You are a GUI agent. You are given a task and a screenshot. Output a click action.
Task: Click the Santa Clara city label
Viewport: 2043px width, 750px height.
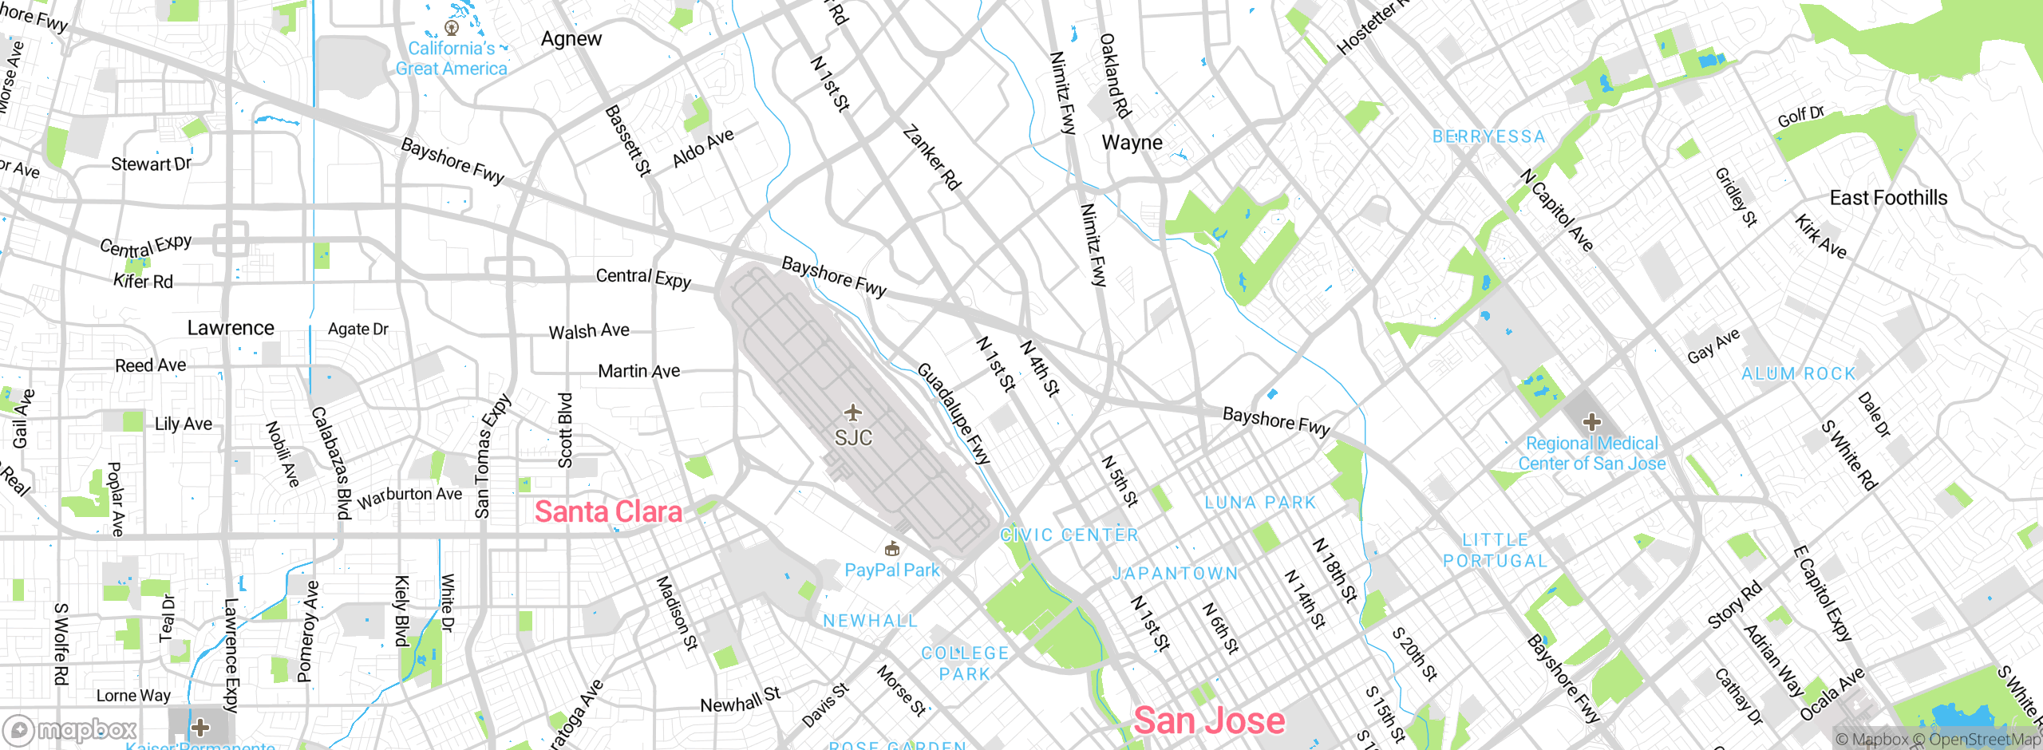608,511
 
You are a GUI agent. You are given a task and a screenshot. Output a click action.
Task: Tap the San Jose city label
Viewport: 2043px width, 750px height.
1208,720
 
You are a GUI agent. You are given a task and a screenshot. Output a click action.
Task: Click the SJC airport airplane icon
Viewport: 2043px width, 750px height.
853,412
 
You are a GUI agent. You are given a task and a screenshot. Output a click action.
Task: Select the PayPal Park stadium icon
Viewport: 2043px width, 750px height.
892,549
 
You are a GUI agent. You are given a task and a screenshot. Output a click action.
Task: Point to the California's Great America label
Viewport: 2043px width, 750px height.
452,58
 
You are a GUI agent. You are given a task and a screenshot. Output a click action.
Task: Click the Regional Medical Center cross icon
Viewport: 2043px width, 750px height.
1591,421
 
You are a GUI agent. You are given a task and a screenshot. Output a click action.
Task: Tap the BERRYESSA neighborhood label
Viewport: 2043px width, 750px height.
1488,136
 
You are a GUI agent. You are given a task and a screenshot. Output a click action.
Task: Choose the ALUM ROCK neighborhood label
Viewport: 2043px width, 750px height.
1798,373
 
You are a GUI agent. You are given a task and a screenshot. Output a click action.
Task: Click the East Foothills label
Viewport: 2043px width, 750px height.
1888,198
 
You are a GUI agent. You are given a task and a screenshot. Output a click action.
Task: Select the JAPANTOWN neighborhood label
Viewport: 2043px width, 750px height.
1176,573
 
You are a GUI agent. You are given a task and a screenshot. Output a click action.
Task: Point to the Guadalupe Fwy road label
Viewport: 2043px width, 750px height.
953,413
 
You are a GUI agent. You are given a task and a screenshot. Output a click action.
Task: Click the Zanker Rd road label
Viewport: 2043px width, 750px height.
931,157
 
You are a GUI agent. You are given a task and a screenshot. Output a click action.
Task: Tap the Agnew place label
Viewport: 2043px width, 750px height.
571,38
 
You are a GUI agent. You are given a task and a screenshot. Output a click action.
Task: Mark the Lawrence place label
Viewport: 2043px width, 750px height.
231,328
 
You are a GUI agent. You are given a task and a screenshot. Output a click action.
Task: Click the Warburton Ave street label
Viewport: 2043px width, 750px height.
409,496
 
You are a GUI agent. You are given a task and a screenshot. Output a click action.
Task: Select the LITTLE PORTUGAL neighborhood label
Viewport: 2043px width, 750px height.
1495,551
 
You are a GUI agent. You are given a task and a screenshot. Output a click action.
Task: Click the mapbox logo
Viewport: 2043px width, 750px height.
71,729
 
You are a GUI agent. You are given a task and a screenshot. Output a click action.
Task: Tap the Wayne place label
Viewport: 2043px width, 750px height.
1132,143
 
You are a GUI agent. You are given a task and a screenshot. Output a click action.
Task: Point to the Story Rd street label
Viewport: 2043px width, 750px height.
1734,605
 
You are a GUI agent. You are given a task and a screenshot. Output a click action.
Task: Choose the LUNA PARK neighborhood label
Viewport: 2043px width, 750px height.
1259,503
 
